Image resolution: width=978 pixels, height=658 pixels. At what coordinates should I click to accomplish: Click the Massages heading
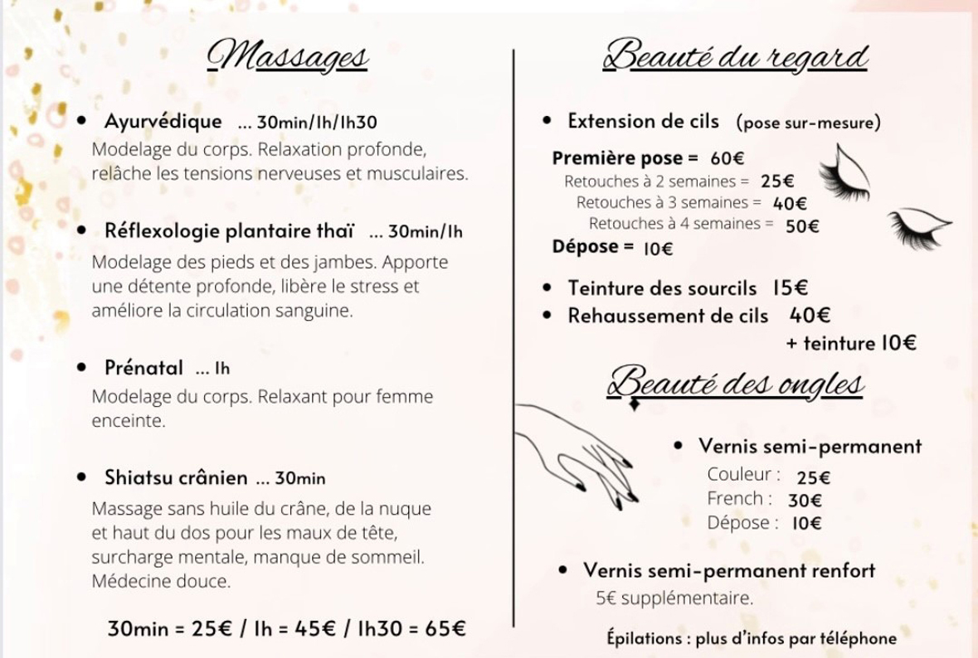288,57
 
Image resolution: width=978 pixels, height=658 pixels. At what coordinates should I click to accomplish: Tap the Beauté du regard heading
736,57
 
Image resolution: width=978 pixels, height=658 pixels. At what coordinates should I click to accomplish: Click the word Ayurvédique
163,121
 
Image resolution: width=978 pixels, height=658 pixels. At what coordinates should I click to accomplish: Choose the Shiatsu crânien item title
176,477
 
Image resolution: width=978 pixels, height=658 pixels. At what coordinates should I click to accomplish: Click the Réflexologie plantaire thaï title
230,230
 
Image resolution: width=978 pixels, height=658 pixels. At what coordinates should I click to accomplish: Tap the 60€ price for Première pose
727,158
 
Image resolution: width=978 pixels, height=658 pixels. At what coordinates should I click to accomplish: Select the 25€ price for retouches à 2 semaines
777,181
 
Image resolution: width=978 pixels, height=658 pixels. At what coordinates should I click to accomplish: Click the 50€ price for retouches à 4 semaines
802,225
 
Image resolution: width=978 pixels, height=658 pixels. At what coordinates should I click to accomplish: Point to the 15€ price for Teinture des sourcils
790,288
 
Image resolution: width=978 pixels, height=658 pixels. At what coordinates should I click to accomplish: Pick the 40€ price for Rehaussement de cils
810,316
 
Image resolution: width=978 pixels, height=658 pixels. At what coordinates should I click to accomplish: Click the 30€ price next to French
805,500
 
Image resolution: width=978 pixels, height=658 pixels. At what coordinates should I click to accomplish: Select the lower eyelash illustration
917,226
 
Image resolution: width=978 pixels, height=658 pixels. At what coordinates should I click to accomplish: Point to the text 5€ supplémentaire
674,598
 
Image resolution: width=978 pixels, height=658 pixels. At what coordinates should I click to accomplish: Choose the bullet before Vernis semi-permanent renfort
563,570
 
